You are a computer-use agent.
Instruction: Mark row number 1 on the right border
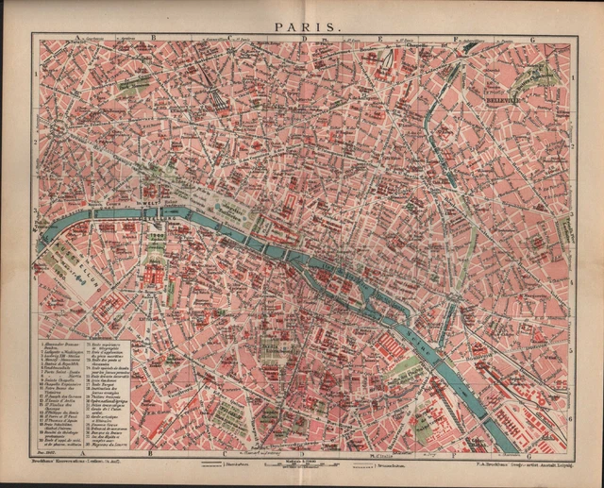(x=572, y=73)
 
